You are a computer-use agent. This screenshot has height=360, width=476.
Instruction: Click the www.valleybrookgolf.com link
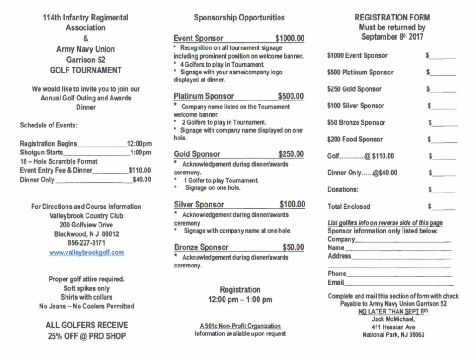tap(86, 253)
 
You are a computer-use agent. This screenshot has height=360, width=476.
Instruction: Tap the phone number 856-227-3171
tap(86, 243)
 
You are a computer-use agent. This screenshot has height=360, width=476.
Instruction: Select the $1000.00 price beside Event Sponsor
tap(290, 38)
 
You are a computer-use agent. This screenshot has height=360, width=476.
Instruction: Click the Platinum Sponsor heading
tap(204, 96)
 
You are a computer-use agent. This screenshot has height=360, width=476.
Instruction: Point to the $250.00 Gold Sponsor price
tap(291, 154)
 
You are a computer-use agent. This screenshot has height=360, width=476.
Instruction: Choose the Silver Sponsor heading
tap(199, 205)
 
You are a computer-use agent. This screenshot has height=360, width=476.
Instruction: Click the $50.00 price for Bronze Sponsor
tap(293, 247)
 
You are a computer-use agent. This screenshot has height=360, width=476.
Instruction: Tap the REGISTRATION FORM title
tap(392, 18)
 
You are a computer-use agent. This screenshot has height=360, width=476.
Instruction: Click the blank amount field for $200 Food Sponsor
tap(444, 140)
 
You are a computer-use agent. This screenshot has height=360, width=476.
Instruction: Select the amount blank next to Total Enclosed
tap(444, 207)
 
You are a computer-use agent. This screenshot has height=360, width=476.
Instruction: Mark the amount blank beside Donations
tap(443, 190)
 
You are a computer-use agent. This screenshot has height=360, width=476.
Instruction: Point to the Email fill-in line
tap(398, 283)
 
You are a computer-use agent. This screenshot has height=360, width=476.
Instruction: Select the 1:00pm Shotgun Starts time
tap(141, 153)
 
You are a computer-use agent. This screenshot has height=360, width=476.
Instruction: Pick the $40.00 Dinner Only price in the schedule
tap(142, 180)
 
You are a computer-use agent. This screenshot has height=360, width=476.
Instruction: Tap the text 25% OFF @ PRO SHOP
tap(86, 336)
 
